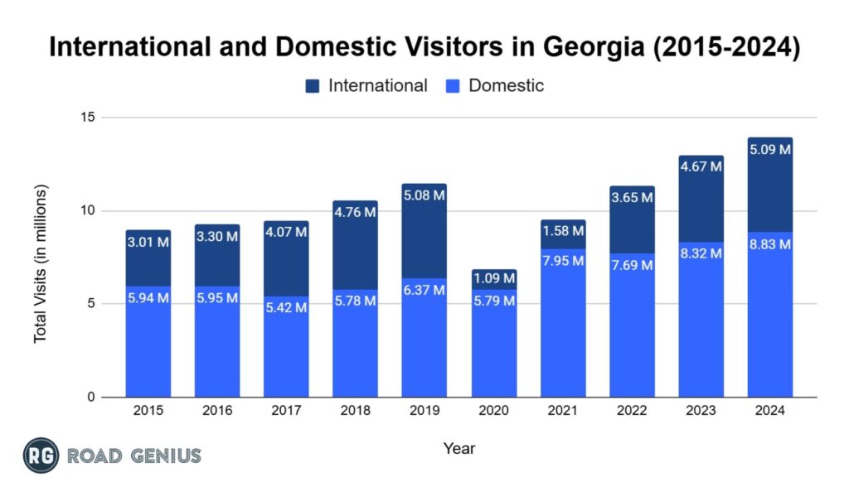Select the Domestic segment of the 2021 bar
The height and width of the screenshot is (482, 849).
(563, 331)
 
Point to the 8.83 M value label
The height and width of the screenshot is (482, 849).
(769, 244)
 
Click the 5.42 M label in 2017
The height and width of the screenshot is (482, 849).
(287, 307)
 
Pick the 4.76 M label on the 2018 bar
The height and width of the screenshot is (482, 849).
(356, 212)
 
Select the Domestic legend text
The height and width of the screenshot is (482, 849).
(506, 85)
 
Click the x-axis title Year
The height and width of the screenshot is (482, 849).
(458, 448)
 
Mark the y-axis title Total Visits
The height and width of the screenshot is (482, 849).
(41, 263)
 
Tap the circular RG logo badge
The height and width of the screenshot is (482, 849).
(41, 455)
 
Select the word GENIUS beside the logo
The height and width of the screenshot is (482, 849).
(163, 455)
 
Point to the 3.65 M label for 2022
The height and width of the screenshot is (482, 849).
(632, 198)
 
